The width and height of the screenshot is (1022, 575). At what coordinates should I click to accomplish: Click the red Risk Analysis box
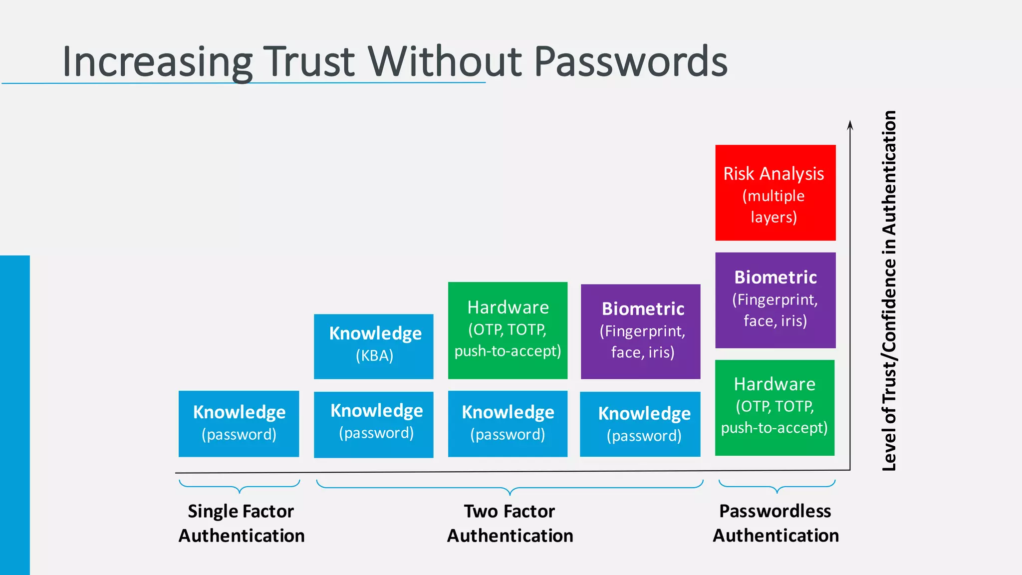[x=775, y=193]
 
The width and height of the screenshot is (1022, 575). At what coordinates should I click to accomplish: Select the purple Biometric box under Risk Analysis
[x=775, y=300]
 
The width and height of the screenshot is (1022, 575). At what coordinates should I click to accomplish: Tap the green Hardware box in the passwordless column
[x=774, y=407]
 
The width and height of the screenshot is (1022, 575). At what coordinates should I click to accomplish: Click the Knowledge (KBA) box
[x=373, y=346]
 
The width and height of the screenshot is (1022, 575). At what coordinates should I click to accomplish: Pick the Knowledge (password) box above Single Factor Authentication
[x=239, y=423]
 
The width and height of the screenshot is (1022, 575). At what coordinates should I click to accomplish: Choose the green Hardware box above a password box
[x=508, y=330]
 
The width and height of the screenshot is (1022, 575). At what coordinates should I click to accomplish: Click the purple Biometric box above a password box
[x=640, y=331]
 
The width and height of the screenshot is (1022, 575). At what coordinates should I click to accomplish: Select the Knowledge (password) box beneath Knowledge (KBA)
[x=373, y=424]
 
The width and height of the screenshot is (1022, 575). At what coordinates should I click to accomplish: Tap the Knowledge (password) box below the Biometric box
[x=640, y=424]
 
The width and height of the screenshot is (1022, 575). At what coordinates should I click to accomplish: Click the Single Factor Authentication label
[x=242, y=523]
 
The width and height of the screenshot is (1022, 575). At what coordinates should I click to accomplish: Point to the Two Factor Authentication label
[x=510, y=523]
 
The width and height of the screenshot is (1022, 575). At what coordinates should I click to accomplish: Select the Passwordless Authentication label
[x=775, y=523]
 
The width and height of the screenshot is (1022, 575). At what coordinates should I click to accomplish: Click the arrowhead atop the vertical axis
[x=850, y=125]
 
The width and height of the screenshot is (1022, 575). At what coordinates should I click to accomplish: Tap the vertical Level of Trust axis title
[x=889, y=290]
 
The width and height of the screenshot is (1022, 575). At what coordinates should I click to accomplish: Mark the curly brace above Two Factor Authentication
[x=510, y=487]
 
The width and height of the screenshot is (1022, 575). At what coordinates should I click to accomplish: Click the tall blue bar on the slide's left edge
[x=15, y=414]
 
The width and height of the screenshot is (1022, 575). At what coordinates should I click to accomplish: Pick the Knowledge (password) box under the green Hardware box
[x=508, y=423]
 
